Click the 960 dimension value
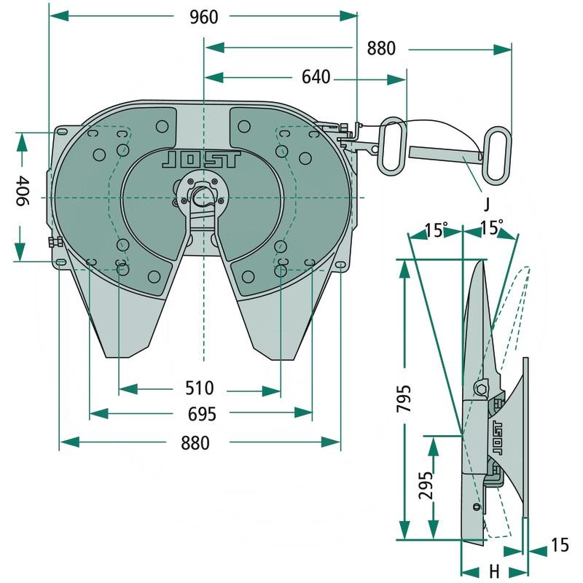tap(203, 16)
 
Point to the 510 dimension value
tap(198, 388)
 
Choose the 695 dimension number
tap(202, 414)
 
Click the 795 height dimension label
tap(404, 399)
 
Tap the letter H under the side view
tap(493, 569)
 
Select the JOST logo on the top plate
tap(200, 160)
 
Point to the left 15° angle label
tap(434, 230)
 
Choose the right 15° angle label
tap(491, 228)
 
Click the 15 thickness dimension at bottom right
tap(559, 545)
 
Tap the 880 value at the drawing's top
tap(380, 48)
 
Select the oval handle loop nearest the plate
tap(392, 145)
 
